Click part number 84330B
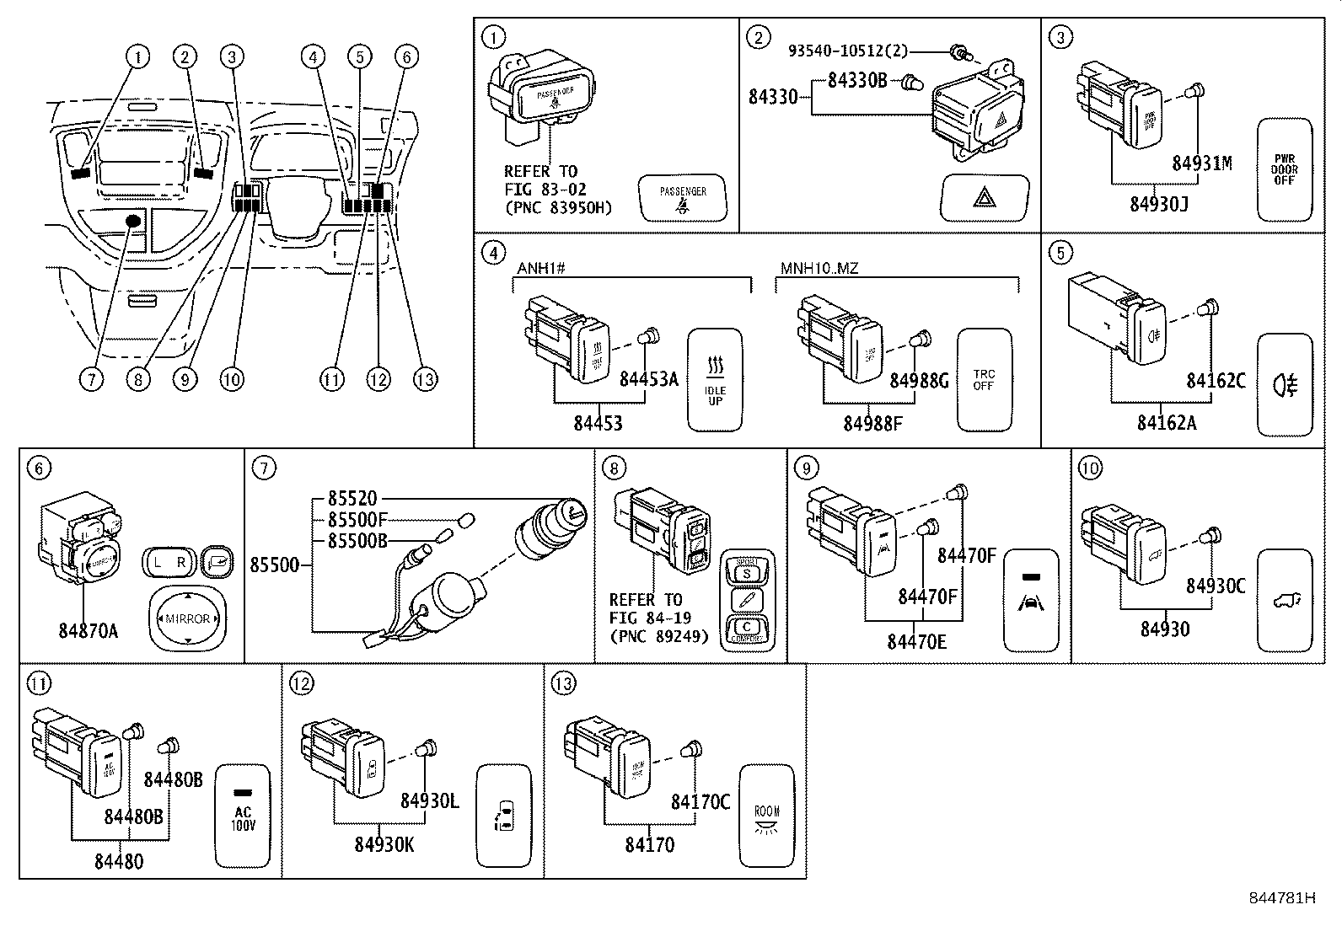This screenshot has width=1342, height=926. (x=856, y=81)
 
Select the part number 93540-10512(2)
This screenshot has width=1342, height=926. (x=848, y=51)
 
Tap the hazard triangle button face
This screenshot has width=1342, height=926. (x=984, y=198)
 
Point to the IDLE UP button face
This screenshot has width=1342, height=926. (x=715, y=379)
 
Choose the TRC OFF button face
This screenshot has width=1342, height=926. (x=984, y=379)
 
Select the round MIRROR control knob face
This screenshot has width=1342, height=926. (x=187, y=618)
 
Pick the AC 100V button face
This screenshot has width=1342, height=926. (x=243, y=816)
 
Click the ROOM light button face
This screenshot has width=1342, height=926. (x=767, y=816)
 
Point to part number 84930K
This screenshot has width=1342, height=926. (x=384, y=844)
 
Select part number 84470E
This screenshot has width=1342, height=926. (x=916, y=642)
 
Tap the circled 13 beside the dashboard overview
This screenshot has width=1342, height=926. (x=425, y=379)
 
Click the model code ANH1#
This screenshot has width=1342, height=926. (x=540, y=269)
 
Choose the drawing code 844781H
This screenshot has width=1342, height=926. (x=1282, y=898)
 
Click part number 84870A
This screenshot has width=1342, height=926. (x=88, y=630)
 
